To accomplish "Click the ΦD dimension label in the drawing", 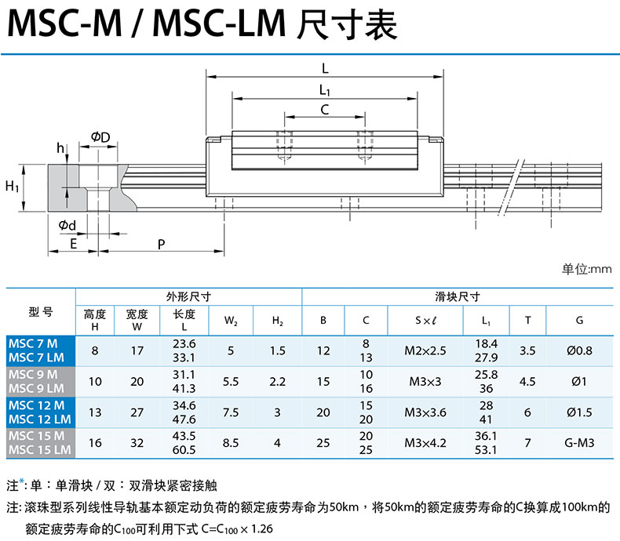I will (x=100, y=138).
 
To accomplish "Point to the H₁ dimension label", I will (x=12, y=187).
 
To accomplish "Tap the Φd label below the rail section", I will (x=67, y=226).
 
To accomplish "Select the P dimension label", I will (x=161, y=244).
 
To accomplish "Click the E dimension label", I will (x=73, y=244).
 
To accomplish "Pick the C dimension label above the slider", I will (x=324, y=110).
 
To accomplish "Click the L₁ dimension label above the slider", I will (x=324, y=89).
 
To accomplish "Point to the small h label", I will (x=60, y=148).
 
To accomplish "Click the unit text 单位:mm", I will (x=585, y=270).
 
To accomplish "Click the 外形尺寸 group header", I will (x=188, y=297).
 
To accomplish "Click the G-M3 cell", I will (x=579, y=443).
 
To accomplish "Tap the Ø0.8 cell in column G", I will (x=579, y=350).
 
